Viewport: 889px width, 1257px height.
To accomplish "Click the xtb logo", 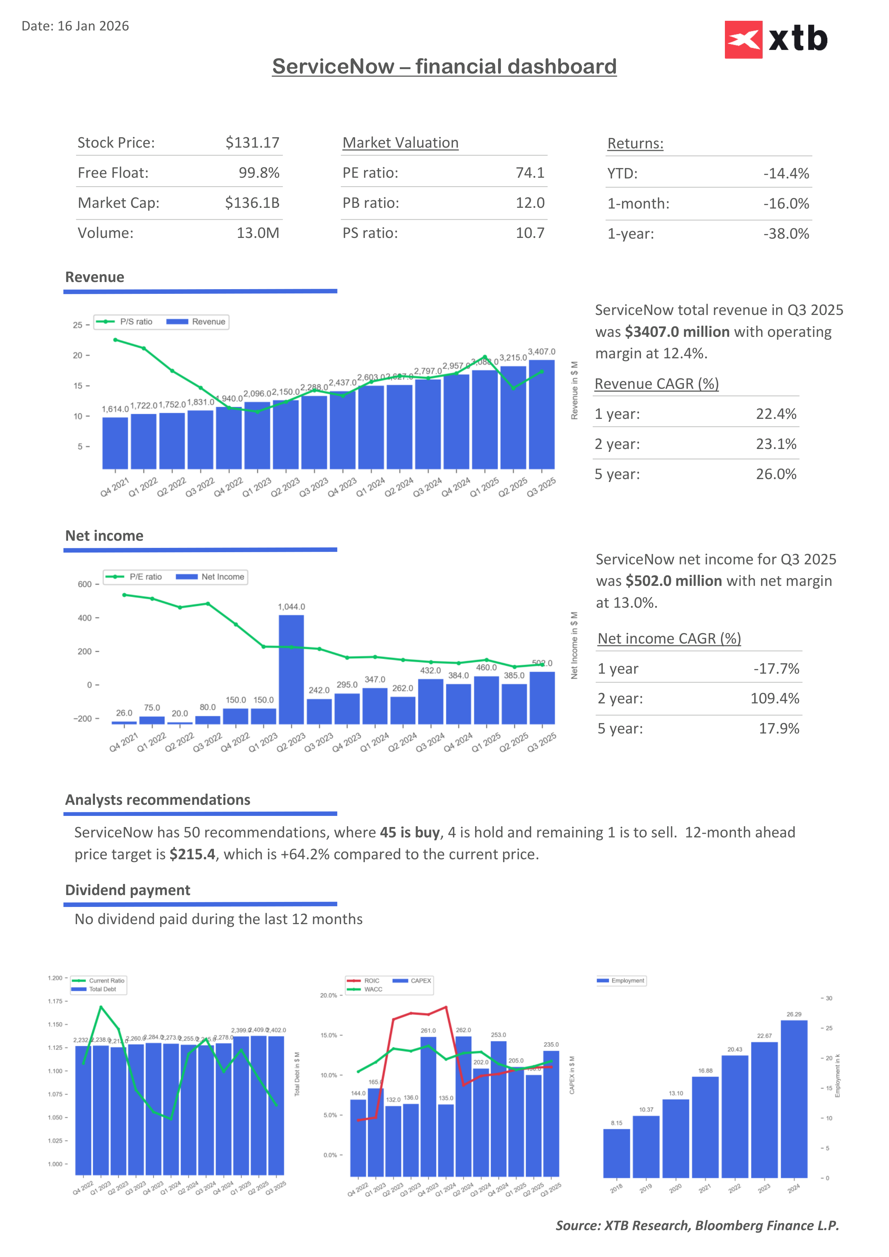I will pos(776,39).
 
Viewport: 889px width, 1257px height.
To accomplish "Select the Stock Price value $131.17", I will pos(252,143).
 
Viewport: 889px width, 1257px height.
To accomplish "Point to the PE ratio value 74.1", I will pos(530,173).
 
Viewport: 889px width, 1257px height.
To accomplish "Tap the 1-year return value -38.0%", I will pos(786,234).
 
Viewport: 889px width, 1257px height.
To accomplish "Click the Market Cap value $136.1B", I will pos(252,203).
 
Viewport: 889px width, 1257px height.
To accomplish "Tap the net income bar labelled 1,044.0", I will pos(291,669).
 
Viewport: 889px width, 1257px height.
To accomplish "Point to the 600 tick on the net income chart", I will pos(85,584).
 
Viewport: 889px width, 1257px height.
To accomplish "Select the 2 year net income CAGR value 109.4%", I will pos(775,699).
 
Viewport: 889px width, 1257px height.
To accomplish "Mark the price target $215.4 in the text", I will pos(192,855).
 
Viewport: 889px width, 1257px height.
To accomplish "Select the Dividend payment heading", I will pos(128,890).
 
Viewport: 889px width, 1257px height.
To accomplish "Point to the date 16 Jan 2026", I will pos(93,26).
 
